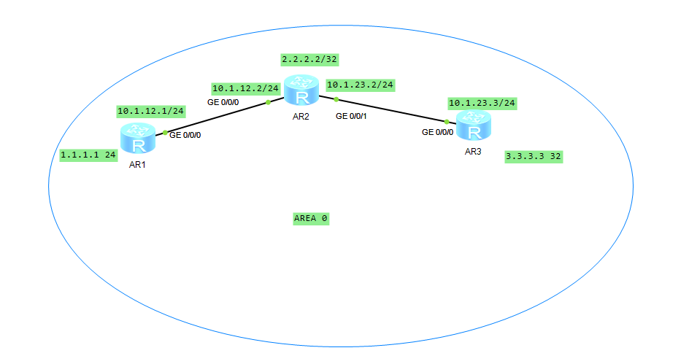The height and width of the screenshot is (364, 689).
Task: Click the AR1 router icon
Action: (x=138, y=137)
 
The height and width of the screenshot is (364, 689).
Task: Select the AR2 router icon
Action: (x=302, y=92)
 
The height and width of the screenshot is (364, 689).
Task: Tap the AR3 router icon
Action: (x=474, y=127)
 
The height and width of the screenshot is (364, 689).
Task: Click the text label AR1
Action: (x=138, y=165)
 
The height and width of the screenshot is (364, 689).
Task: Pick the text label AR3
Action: (x=474, y=152)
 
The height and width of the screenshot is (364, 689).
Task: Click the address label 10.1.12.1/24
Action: (x=150, y=112)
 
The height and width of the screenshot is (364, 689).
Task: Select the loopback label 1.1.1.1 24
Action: (x=89, y=155)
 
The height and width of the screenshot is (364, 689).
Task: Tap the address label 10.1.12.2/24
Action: (x=246, y=88)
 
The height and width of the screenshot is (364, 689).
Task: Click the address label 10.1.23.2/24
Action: (x=361, y=85)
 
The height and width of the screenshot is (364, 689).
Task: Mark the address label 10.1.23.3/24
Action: (x=482, y=104)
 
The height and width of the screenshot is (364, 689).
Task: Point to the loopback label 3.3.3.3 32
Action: (x=534, y=157)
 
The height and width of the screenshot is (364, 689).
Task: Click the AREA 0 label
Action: (x=311, y=218)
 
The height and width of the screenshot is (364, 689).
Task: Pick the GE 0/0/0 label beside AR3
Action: (x=437, y=132)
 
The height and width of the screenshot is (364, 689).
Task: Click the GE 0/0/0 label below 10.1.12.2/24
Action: (x=223, y=102)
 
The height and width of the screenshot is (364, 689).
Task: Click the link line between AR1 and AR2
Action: (x=217, y=117)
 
